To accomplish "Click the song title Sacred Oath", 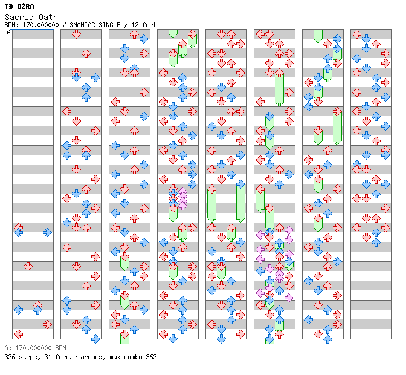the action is (x=31, y=17).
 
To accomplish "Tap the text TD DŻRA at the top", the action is (x=19, y=7).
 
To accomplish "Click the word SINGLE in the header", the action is (x=109, y=25).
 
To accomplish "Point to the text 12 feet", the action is (x=144, y=25).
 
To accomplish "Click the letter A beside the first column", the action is (x=8, y=33).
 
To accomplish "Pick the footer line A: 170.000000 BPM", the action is (x=35, y=348).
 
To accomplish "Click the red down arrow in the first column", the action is (x=28, y=266).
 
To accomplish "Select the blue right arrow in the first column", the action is (x=47, y=232).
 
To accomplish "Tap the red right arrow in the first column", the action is (x=47, y=324).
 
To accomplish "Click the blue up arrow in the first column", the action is (x=38, y=310).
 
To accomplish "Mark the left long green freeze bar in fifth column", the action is (x=212, y=203).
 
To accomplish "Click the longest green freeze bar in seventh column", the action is (x=337, y=126).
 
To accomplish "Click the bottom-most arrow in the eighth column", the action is (x=376, y=243).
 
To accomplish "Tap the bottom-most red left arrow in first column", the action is (x=18, y=334).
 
